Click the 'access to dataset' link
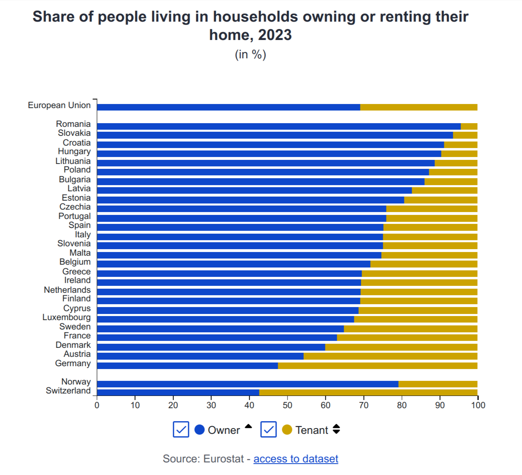[296, 459]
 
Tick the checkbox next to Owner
[181, 429]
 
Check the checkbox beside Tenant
[268, 429]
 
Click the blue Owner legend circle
[200, 430]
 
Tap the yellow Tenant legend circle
[287, 430]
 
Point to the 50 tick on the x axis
[287, 405]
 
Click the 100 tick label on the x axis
[478, 405]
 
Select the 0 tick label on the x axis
[97, 405]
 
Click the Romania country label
[73, 124]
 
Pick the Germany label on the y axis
[73, 363]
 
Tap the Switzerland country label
[68, 391]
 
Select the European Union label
[59, 105]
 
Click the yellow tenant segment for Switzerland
[368, 392]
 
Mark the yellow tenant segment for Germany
[377, 365]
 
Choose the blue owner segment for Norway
[248, 384]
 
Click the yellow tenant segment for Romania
[469, 126]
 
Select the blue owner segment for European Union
[228, 107]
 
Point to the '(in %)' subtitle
[250, 54]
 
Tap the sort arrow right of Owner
[248, 426]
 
